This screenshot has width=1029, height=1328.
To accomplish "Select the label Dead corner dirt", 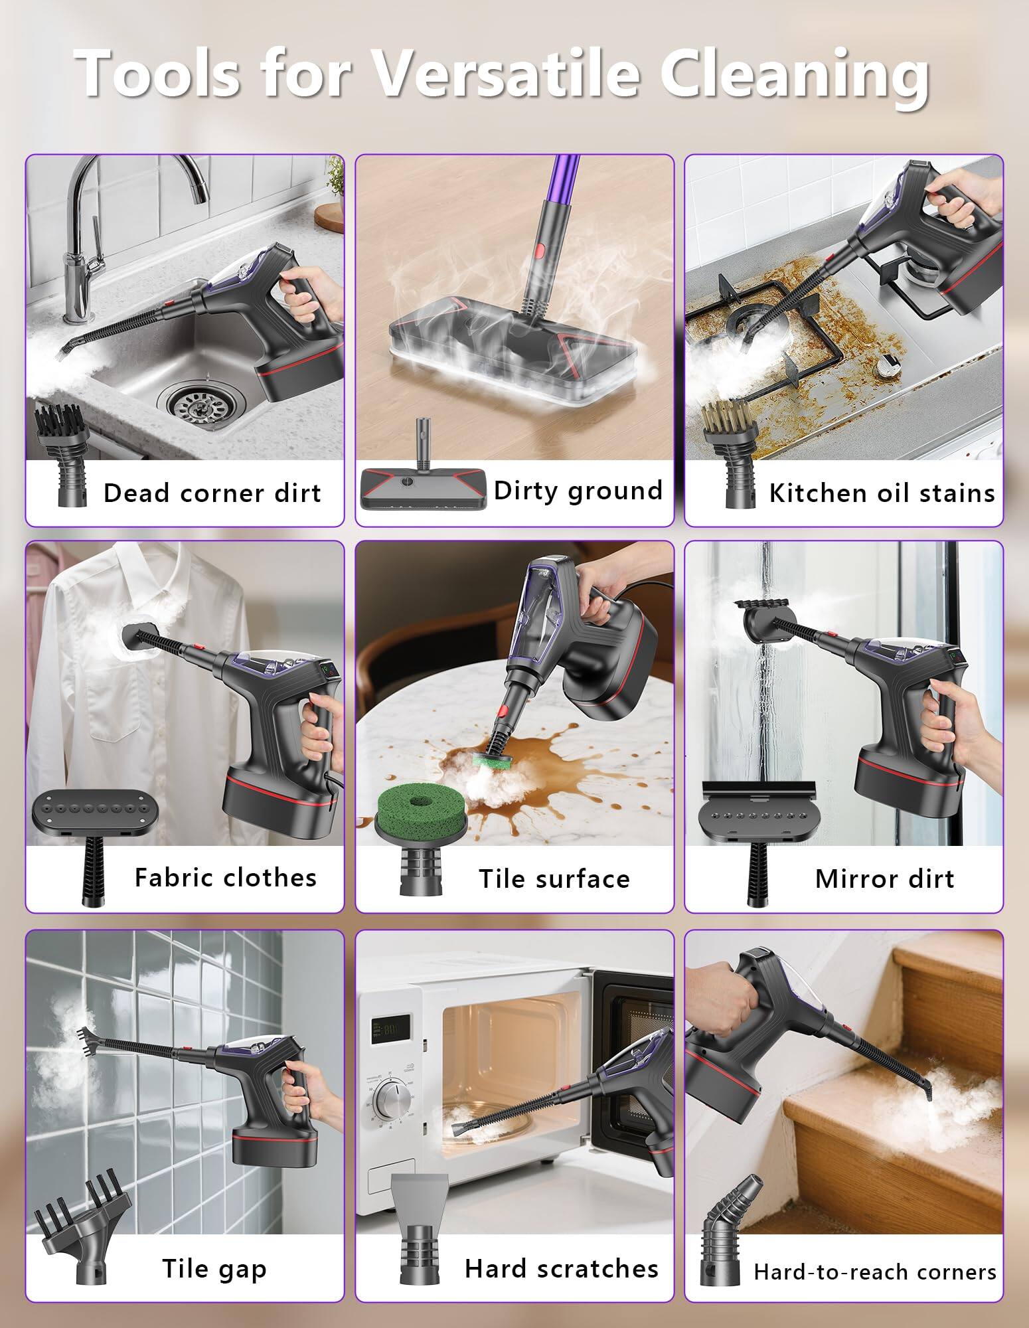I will click(x=212, y=493).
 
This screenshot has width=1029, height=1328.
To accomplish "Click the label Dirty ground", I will click(x=578, y=491).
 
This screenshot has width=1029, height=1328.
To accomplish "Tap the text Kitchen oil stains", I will click(x=882, y=493).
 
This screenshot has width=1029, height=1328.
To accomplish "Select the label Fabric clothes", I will click(x=225, y=878).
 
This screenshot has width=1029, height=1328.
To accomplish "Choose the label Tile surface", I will click(x=554, y=879).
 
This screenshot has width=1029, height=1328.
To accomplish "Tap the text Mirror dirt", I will click(x=884, y=879).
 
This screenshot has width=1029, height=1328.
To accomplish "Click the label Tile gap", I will click(x=214, y=1269).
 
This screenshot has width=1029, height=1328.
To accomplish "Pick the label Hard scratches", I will click(x=561, y=1269).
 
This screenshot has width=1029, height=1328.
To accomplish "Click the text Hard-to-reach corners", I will click(x=874, y=1272).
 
